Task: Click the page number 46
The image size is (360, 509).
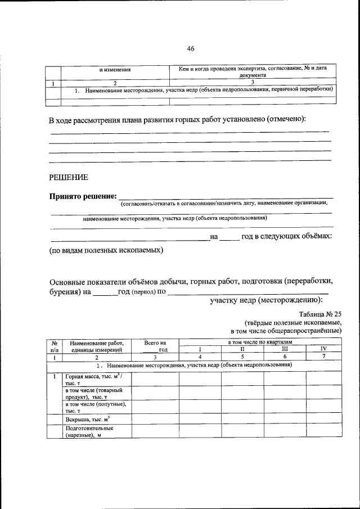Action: click(x=190, y=49)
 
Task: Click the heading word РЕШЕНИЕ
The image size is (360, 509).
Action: click(x=68, y=177)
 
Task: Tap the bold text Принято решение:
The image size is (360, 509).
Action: click(x=82, y=196)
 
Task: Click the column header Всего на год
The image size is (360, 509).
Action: click(x=155, y=345)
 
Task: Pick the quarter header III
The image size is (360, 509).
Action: click(x=284, y=349)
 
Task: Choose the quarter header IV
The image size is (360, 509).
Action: click(x=323, y=349)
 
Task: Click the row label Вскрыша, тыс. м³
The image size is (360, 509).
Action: click(x=87, y=418)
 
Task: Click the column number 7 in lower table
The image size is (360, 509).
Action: click(x=323, y=357)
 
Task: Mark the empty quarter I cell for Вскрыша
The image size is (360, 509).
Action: click(x=200, y=418)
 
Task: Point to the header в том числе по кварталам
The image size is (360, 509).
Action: click(x=259, y=342)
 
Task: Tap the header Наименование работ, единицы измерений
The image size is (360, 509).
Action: click(x=96, y=345)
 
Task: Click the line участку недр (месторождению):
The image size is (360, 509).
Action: click(x=269, y=300)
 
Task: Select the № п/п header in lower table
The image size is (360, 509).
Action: click(x=55, y=345)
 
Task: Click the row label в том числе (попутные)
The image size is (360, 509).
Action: click(x=94, y=407)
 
